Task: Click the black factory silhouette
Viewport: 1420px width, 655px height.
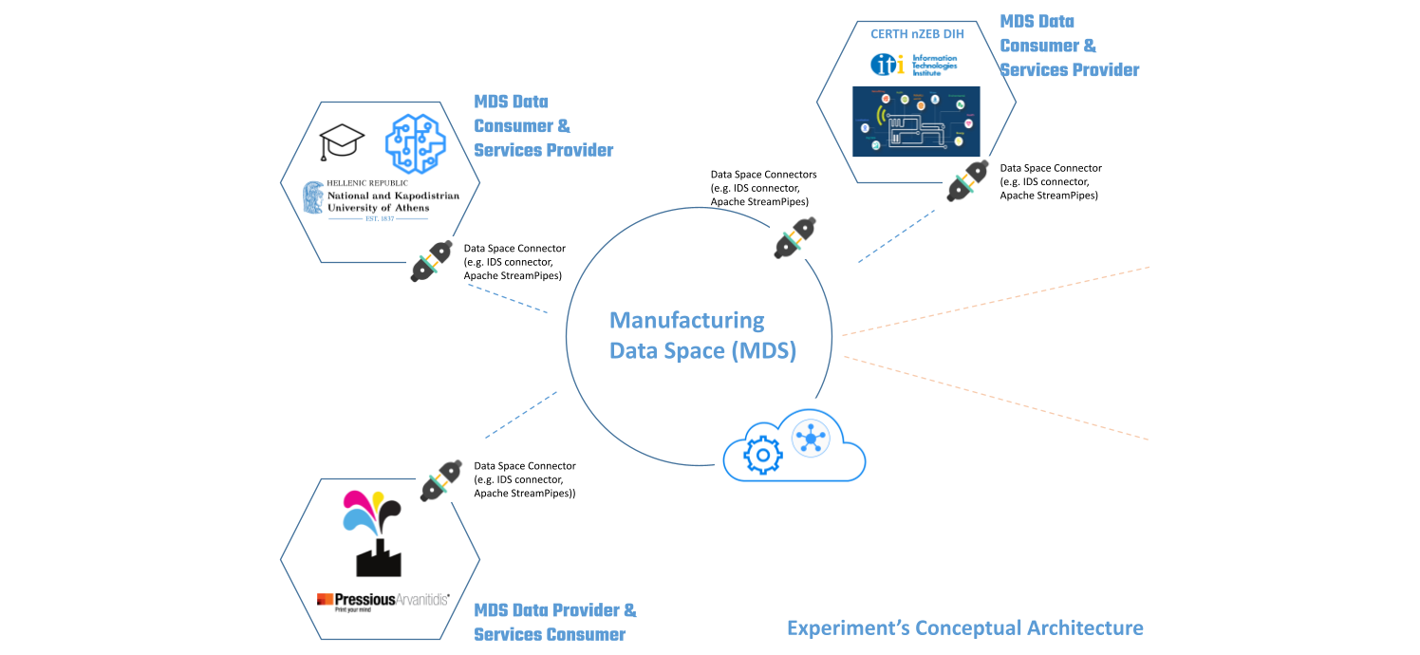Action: click(378, 556)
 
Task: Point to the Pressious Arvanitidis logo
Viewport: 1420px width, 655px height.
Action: click(383, 602)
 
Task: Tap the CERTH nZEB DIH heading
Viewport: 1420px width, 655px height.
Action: click(915, 33)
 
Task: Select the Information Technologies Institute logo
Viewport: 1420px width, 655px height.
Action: click(915, 64)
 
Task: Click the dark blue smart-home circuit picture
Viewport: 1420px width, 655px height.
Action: click(915, 121)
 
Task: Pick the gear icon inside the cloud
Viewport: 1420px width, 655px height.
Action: click(761, 456)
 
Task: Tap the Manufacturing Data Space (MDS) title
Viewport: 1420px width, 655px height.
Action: click(702, 335)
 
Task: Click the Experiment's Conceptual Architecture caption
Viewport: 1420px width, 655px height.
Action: click(964, 627)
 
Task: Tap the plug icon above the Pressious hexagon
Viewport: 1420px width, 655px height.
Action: click(440, 480)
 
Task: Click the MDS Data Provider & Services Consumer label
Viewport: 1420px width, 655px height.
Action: click(555, 622)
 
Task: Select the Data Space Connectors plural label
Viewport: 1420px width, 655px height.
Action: click(763, 188)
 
